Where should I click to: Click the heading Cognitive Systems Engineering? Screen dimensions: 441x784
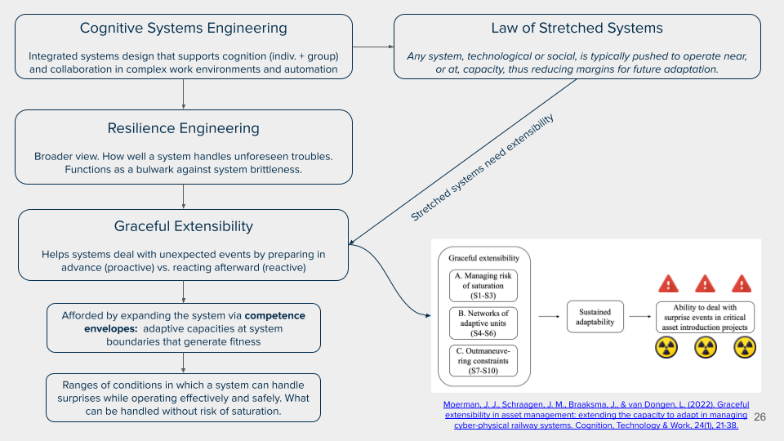(183, 29)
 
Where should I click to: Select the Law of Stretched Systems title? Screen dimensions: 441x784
(577, 29)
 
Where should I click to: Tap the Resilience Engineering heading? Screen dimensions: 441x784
(183, 128)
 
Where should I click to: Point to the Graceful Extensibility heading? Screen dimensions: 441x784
(183, 226)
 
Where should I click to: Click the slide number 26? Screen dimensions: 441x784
(760, 416)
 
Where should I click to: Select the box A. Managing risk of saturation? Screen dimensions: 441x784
(484, 285)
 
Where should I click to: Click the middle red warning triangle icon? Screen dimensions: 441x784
(705, 283)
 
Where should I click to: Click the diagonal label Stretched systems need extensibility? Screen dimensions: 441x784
(482, 167)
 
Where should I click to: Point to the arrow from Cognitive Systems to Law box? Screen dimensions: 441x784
(373, 47)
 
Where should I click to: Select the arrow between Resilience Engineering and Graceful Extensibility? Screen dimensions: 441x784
(183, 196)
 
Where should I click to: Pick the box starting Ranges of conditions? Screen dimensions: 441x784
(183, 398)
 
